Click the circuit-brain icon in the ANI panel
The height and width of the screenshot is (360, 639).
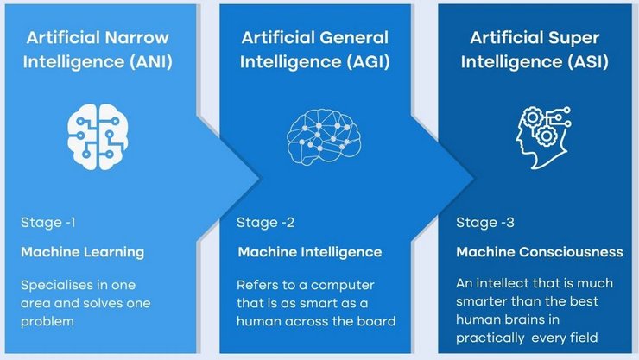92,135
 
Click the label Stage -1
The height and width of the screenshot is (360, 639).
48,223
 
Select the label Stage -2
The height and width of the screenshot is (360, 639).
266,223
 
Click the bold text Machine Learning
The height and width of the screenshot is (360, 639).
82,252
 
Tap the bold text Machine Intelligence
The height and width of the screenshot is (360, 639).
309,252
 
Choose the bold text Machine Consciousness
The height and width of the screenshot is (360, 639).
540,252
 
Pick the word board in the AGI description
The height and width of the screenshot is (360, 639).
376,320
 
